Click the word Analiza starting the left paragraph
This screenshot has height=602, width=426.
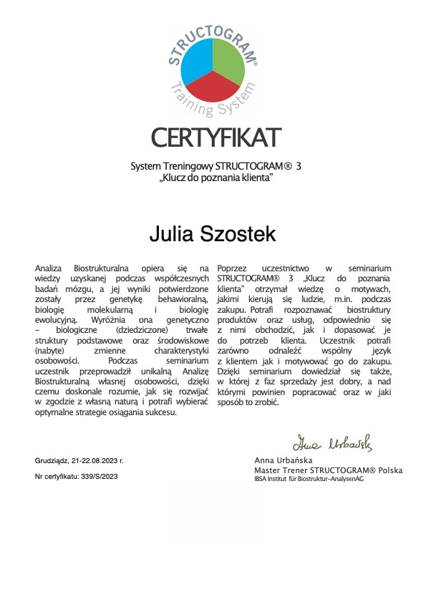(x=50, y=267)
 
